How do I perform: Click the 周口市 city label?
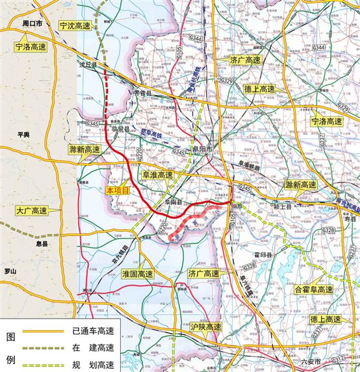tap(32, 23)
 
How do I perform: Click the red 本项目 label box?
tap(119, 191)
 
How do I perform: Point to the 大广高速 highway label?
tap(31, 211)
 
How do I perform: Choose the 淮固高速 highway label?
tap(137, 274)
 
